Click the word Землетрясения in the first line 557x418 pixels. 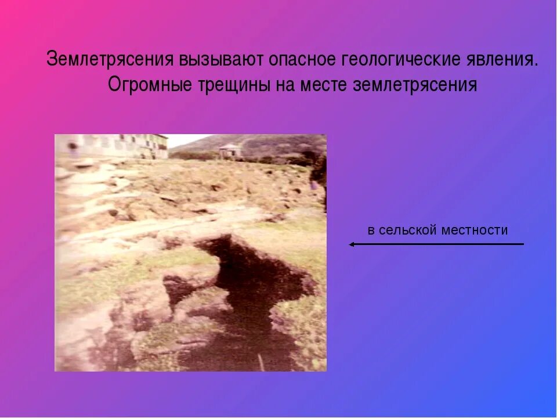click(111, 60)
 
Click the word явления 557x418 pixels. click(502, 60)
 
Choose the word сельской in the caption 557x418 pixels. click(408, 230)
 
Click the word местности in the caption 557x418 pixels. click(475, 230)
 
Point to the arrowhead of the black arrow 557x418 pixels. click(352, 244)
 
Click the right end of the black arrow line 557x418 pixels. click(522, 244)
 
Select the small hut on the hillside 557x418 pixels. click(230, 150)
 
